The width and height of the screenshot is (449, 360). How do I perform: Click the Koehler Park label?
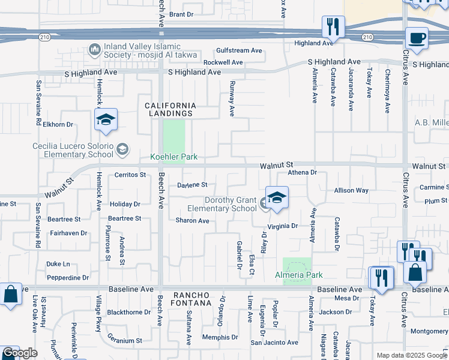point(173,157)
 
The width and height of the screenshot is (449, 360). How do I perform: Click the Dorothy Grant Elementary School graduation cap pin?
point(277,198)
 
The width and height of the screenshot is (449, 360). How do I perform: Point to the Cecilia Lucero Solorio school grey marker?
point(122,148)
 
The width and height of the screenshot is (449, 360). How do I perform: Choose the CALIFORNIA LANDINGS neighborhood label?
point(171,109)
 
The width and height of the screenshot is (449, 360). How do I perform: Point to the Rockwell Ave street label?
point(223,62)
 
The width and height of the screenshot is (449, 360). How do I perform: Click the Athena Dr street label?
point(301,173)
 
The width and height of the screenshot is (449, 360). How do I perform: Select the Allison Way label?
point(351,190)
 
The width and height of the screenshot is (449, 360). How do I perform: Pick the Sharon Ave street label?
point(192,221)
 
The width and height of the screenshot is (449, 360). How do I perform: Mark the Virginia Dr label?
point(283,226)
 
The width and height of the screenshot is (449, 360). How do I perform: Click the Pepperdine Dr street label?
point(68,278)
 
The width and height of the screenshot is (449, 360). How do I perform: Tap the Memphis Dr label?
point(217,337)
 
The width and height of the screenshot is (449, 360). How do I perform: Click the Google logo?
point(20,353)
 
